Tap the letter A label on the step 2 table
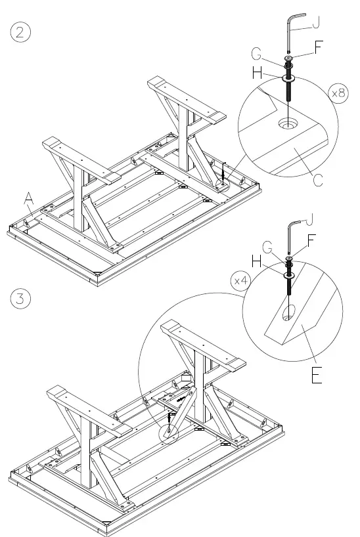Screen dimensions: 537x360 pos(28,196)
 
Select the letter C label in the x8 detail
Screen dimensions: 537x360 pos(318,179)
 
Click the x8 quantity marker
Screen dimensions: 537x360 pos(339,94)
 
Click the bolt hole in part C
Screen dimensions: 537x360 pos(287,123)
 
